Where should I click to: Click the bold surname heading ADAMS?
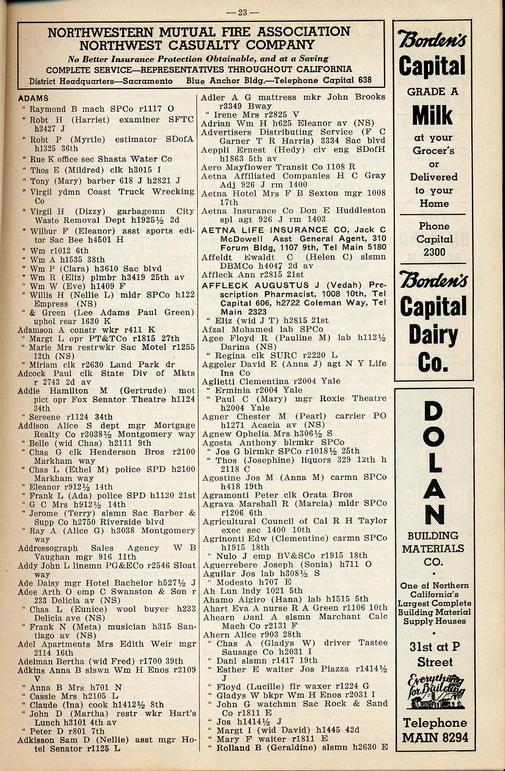[33, 98]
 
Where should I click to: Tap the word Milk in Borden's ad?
[433, 115]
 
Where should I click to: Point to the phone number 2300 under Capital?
[434, 252]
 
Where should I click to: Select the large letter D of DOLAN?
[433, 412]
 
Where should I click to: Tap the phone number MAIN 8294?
[435, 737]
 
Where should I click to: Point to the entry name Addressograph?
[48, 548]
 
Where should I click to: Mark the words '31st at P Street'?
[435, 654]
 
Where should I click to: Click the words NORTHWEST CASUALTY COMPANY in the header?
[197, 45]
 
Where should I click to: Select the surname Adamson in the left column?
[38, 330]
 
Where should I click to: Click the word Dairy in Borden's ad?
[433, 334]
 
